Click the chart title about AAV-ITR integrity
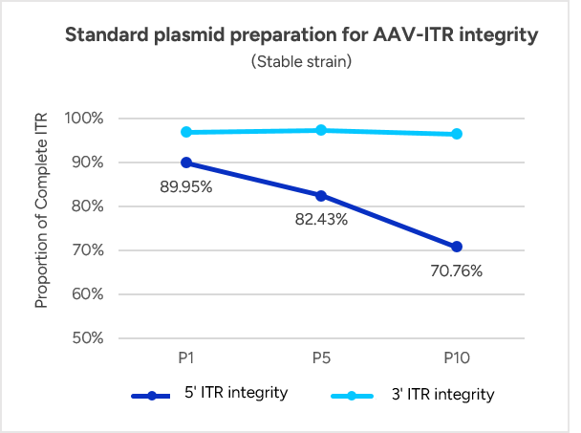[301, 35]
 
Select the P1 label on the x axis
[186, 357]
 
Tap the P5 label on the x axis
[321, 357]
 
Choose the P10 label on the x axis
[457, 357]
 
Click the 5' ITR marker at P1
[186, 162]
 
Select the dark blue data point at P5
[321, 196]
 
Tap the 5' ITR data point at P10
[457, 247]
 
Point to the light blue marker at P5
[321, 130]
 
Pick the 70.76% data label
[456, 271]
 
